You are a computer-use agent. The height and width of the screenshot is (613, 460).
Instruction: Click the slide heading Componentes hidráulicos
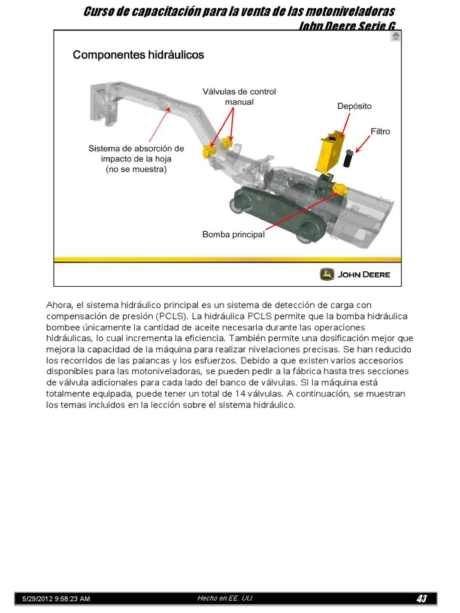pyautogui.click(x=138, y=55)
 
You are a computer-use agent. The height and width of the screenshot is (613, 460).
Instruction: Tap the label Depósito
pyautogui.click(x=354, y=106)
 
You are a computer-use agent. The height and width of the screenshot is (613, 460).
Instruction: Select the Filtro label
pyautogui.click(x=380, y=131)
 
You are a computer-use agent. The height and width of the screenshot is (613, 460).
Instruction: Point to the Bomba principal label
pyautogui.click(x=234, y=235)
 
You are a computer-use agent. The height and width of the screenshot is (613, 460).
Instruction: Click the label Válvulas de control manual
pyautogui.click(x=239, y=96)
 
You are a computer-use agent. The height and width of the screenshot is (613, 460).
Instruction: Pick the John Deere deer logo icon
pyautogui.click(x=327, y=274)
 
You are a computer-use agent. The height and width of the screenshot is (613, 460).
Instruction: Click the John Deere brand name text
pyautogui.click(x=364, y=275)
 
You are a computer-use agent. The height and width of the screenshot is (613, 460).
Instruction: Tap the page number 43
pyautogui.click(x=422, y=599)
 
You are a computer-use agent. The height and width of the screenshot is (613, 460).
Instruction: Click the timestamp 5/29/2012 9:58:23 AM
pyautogui.click(x=56, y=599)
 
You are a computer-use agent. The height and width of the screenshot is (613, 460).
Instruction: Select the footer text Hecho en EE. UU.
pyautogui.click(x=225, y=598)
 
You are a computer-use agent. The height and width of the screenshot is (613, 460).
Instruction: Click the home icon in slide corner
pyautogui.click(x=395, y=37)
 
